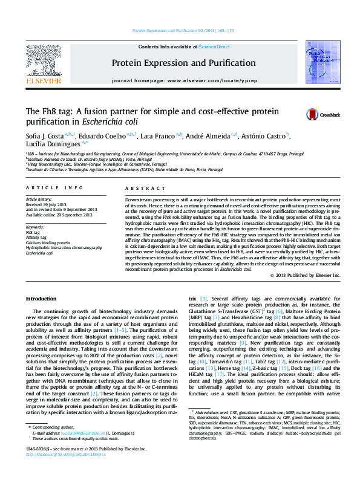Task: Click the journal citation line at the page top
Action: coord(183,31)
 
